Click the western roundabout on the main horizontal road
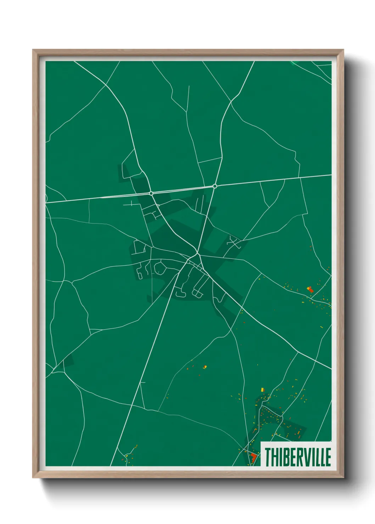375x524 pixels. click(x=151, y=193)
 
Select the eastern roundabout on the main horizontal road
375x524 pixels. click(x=215, y=186)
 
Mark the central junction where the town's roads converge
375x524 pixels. click(x=196, y=254)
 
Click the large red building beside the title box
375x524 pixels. click(x=253, y=457)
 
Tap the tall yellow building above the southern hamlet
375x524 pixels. click(x=262, y=389)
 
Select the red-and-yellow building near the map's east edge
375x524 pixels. click(x=310, y=289)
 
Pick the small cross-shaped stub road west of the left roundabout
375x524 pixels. click(x=131, y=204)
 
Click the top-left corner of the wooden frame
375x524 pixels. click(x=33, y=50)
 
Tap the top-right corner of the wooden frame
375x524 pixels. click(x=343, y=50)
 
